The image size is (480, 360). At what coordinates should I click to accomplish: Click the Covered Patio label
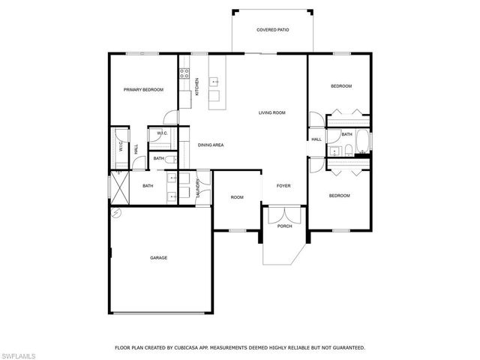coord(272,30)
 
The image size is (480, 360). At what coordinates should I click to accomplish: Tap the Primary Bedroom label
coord(143,90)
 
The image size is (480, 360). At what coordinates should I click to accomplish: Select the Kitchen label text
coord(197,87)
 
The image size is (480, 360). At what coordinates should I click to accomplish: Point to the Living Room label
coord(272,113)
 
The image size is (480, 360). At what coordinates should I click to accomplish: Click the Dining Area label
coord(211,145)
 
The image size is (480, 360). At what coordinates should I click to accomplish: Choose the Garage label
coord(158,257)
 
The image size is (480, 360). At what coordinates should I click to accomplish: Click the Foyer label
coord(283,185)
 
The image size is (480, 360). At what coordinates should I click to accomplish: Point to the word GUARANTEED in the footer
coord(345,347)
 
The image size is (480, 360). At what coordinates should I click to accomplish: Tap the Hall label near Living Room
coord(316,139)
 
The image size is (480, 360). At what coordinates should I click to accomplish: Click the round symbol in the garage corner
coord(115,212)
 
